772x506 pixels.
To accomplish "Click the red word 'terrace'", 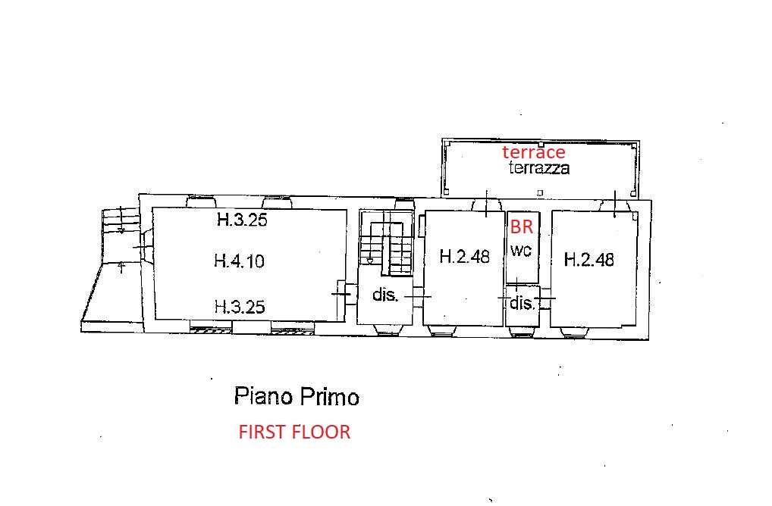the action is coord(534,152).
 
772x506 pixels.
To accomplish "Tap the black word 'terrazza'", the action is coord(539,167).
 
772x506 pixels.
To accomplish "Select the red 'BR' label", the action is coord(522,226).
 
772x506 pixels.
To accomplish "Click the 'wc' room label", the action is coord(521,250).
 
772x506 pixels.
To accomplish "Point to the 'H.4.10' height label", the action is coord(240,260).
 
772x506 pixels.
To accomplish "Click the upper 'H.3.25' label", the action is coord(242,220).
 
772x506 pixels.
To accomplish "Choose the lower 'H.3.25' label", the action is coord(240,307).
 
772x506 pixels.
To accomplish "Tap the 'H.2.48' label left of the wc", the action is coord(464,256).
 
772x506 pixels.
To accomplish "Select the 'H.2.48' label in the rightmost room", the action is coord(588,259).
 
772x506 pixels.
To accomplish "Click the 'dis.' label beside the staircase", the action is coord(384,295).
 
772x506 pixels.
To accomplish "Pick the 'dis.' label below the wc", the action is coord(522,303).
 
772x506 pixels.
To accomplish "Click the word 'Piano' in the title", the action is coord(263,396).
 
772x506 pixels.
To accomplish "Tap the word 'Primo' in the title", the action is coord(329,396).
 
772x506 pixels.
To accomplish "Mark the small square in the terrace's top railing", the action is coord(541,145).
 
